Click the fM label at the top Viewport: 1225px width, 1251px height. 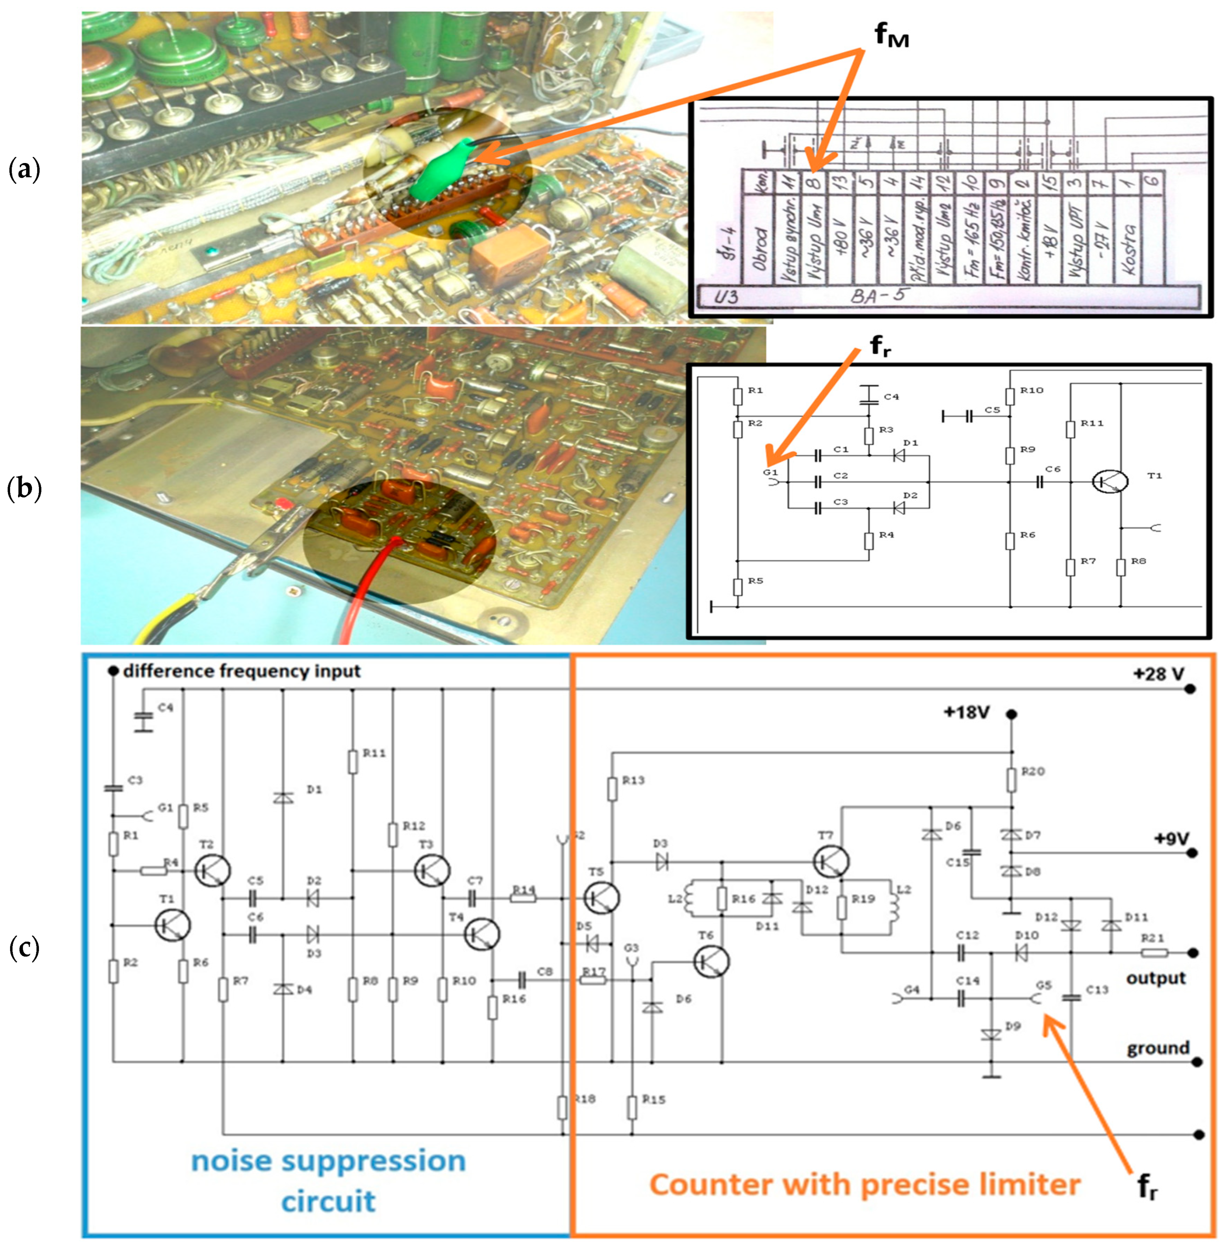pos(891,37)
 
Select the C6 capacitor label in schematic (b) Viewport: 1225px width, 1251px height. pos(1052,469)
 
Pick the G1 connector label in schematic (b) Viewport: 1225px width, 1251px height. pos(769,472)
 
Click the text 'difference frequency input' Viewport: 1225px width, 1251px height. pos(241,671)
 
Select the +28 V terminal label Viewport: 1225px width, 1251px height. pos(1158,674)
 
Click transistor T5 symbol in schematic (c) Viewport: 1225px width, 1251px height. pos(601,897)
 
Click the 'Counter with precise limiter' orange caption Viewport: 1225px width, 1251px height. pos(865,1184)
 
